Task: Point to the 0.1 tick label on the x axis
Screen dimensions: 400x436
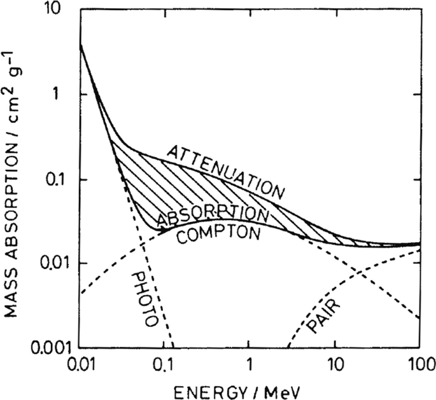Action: (165, 366)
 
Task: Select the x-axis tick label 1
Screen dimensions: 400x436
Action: (250, 366)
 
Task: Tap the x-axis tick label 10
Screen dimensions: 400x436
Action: (334, 366)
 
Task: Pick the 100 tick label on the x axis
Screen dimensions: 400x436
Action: (418, 366)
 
